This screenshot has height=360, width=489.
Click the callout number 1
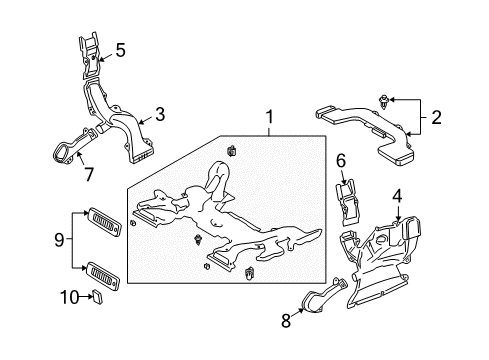point(268,120)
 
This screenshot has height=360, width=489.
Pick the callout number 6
point(341,160)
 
